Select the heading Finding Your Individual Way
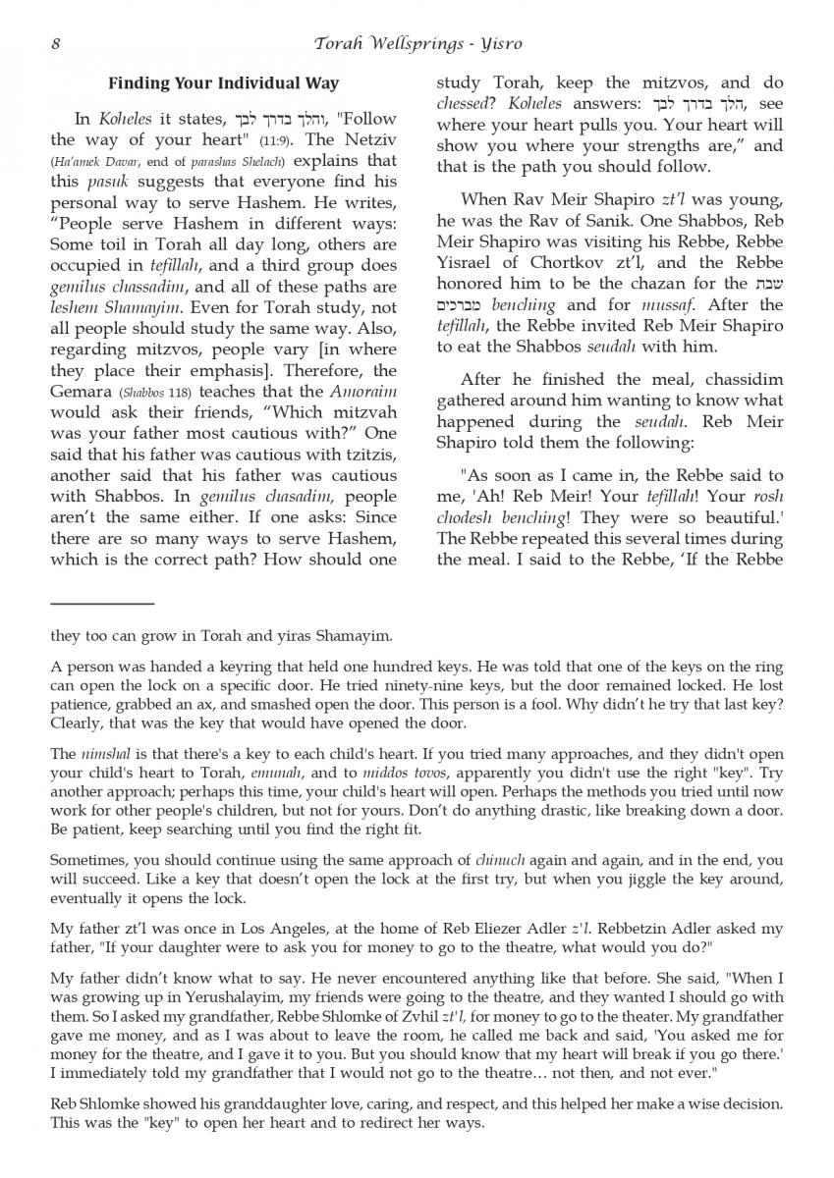tap(223, 83)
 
